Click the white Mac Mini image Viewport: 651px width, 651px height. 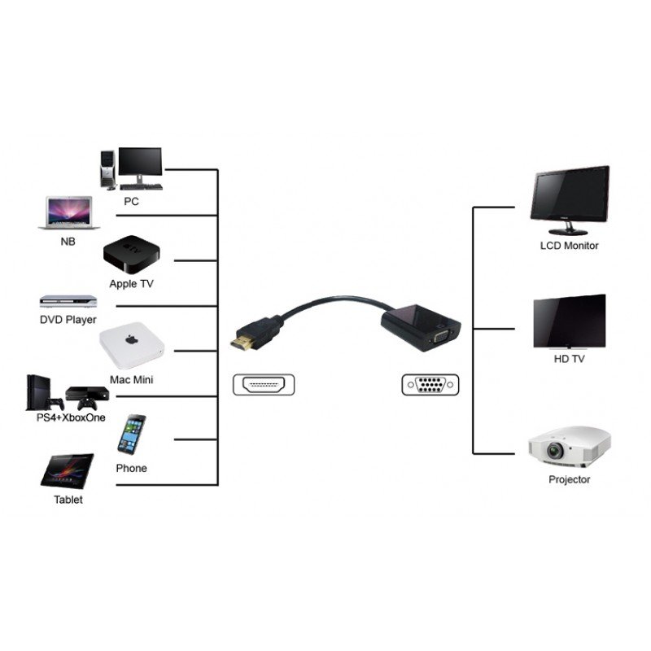tap(131, 348)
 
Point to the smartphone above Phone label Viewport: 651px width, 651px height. tap(131, 435)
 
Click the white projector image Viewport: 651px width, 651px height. tap(569, 446)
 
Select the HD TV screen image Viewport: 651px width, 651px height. tap(569, 321)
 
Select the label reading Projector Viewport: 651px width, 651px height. tap(569, 480)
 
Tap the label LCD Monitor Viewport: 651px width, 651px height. tap(569, 246)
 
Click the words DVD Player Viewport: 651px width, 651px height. tap(68, 320)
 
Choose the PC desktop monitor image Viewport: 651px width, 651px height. tap(139, 164)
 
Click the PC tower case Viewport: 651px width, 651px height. tap(107, 169)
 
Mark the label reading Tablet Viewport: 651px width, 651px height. tap(68, 500)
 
